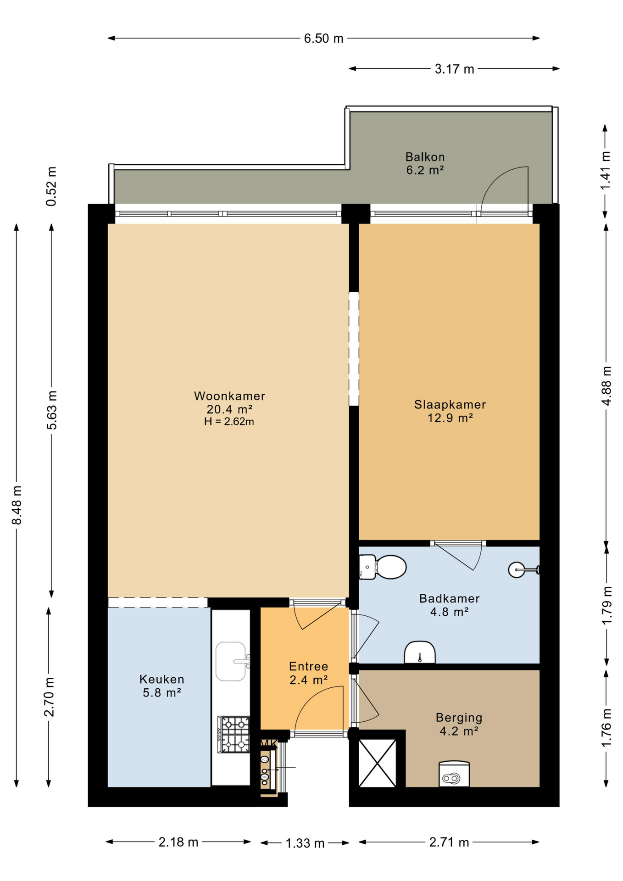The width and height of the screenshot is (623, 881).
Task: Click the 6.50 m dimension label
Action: pos(323,39)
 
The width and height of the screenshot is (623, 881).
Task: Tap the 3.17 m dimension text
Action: pos(454,69)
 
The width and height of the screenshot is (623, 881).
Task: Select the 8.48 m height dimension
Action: pos(17,505)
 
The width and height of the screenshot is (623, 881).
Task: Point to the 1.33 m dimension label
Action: pos(305,843)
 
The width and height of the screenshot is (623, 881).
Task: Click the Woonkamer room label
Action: pos(229,396)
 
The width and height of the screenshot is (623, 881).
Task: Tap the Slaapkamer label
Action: pos(450,405)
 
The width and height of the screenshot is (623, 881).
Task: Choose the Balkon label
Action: pos(425,157)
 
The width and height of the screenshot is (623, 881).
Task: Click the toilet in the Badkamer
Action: pos(382,567)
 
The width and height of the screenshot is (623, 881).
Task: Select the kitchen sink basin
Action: pos(232,661)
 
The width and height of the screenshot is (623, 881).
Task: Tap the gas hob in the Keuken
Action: pos(234,735)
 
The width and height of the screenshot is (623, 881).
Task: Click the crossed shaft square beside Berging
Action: pos(377,763)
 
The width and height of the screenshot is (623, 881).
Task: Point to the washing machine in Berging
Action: pos(454,774)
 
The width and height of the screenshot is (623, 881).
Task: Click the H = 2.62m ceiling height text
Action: pos(229,422)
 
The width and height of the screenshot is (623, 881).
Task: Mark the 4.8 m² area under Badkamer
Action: pos(449,612)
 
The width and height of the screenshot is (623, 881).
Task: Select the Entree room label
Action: pos(308,666)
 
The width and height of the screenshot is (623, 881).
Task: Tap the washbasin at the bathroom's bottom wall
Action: pos(420,652)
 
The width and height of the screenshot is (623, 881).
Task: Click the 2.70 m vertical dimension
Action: pos(50,697)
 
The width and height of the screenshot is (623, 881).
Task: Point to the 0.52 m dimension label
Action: pos(51,186)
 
